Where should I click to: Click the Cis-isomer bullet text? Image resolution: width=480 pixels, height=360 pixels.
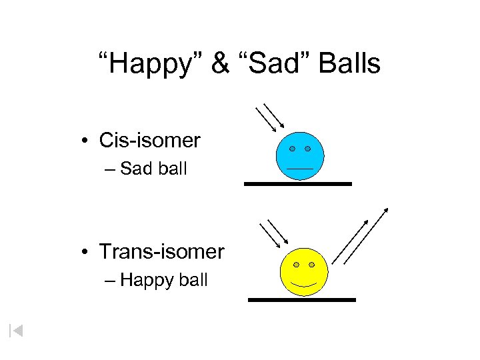149,141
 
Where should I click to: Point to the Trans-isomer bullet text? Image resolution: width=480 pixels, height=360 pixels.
162,252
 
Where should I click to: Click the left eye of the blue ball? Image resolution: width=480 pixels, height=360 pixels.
293,149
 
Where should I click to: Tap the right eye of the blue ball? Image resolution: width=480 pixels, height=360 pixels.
308,149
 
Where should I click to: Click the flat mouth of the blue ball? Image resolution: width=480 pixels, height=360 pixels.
300,168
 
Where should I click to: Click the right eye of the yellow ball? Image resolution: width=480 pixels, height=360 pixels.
312,265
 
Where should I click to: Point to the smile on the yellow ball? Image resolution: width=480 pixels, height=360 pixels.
304,283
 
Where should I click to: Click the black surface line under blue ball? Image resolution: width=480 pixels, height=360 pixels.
297,183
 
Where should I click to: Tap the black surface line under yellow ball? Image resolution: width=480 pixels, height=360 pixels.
302,300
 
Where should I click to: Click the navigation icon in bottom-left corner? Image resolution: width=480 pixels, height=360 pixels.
16,330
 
